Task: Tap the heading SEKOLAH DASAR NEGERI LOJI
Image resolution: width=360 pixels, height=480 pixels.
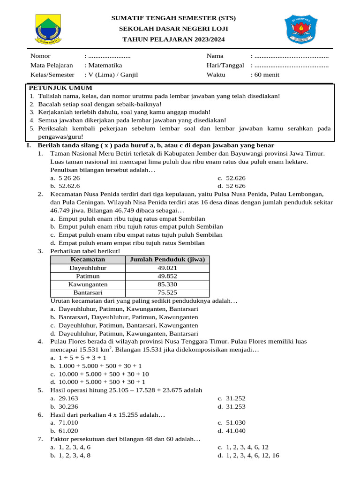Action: pos(173,29)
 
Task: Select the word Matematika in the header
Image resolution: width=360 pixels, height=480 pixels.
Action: pos(105,66)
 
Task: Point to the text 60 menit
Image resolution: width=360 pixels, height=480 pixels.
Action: pos(268,75)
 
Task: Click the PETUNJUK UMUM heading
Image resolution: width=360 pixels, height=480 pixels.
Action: pos(60,88)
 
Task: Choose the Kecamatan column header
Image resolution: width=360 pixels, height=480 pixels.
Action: pos(88,259)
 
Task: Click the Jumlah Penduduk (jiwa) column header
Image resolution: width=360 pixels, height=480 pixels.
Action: pos(167,259)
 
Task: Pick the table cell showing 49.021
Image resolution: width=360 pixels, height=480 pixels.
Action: pos(167,268)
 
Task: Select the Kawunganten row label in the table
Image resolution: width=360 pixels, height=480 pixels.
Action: pos(88,285)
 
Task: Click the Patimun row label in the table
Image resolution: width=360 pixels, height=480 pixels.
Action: pos(88,276)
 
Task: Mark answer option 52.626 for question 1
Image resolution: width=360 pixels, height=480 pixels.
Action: pos(236,178)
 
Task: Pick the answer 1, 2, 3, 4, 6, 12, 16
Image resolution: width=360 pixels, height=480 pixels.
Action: pos(253,455)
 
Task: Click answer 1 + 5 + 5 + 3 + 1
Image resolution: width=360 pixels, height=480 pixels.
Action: pos(79,357)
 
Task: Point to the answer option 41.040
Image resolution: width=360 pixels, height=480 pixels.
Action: pos(236,431)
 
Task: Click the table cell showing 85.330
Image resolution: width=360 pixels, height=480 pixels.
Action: pos(167,285)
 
